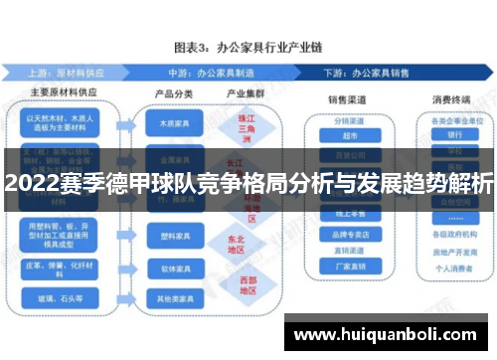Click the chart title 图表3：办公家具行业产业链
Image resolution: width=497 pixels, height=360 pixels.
coord(248,46)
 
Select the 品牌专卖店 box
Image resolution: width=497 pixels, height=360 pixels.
coord(350,235)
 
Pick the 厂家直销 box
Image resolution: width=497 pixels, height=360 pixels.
coord(350,266)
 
